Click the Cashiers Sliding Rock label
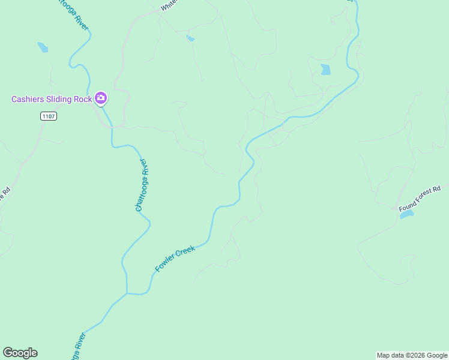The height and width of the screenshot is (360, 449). (50, 99)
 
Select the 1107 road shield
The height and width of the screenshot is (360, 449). (49, 116)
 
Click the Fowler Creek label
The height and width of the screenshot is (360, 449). (175, 259)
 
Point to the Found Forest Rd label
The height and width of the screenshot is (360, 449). (420, 199)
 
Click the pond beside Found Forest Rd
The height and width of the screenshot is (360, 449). (406, 214)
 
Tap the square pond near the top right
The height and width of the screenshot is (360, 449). (325, 69)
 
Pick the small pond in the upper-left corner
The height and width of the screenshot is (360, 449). (43, 47)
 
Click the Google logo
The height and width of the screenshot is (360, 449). (20, 353)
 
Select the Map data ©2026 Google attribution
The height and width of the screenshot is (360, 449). (412, 355)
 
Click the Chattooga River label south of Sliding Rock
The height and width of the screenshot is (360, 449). (141, 185)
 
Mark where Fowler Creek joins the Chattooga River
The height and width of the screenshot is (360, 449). (127, 293)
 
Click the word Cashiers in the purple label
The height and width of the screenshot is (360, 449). (29, 99)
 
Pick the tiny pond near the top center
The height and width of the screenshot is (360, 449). (190, 38)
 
